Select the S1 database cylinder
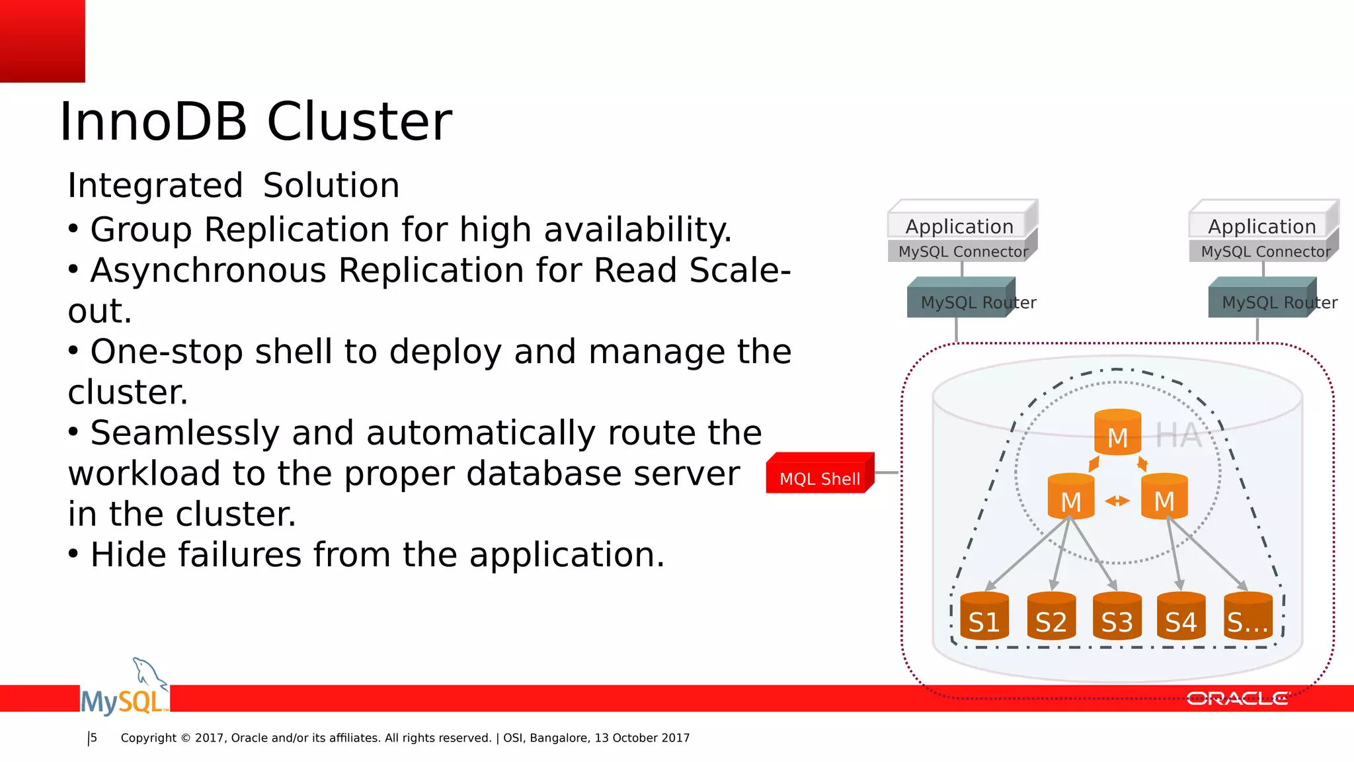(x=984, y=616)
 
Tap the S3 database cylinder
(x=1117, y=616)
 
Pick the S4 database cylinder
(x=1181, y=616)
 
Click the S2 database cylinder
(x=1051, y=616)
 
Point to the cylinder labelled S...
(x=1248, y=616)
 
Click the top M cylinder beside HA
(x=1117, y=433)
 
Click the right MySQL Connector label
(x=1265, y=251)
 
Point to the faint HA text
(x=1178, y=436)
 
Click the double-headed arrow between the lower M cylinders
(x=1117, y=501)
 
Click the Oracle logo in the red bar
(x=1237, y=698)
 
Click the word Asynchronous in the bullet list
(x=208, y=271)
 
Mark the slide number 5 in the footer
(x=94, y=738)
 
